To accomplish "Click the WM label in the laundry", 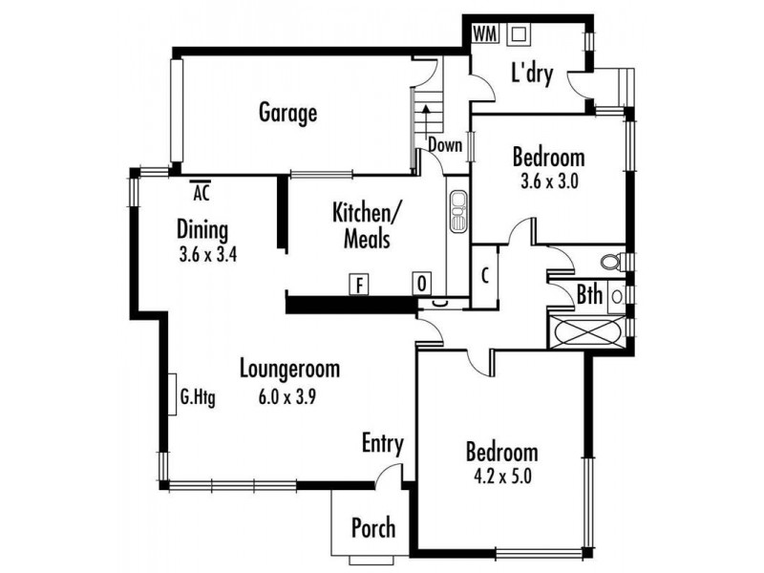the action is coord(485,34).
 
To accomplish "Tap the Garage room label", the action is coord(287,113).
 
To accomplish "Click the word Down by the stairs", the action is coord(445,145).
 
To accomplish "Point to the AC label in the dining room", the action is coord(201,192).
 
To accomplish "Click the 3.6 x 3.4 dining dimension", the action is coord(208,255).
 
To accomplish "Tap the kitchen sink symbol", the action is coord(458,211).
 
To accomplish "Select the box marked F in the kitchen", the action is coord(359,285).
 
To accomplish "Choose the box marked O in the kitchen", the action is coord(422,284).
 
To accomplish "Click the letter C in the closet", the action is coord(485,276).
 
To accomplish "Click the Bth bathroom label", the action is coord(589,295).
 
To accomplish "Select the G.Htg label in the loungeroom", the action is coord(198,397).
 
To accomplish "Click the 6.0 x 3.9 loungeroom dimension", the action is coord(287,396).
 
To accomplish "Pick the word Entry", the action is coord(383,444).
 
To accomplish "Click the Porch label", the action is coord(373,528).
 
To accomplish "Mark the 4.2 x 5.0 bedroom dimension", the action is coord(502,476).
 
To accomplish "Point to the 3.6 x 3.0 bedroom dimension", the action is coord(549,181).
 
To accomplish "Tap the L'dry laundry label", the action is coord(532,74).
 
